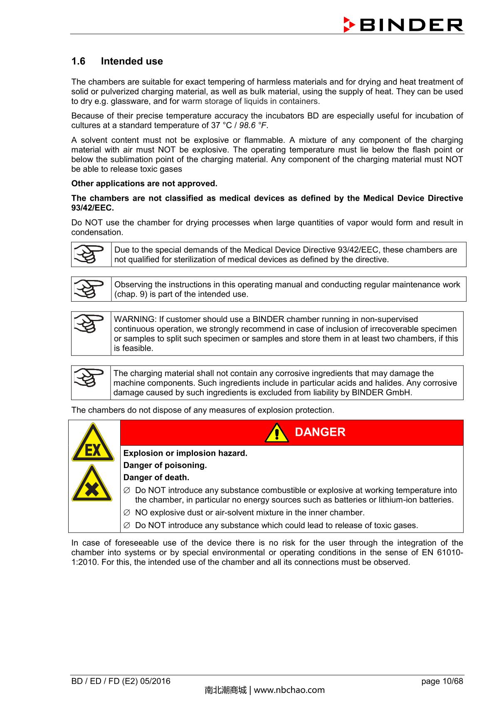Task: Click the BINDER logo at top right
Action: pyautogui.click(x=403, y=25)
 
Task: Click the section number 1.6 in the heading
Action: pyautogui.click(x=78, y=61)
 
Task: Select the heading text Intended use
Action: pyautogui.click(x=132, y=61)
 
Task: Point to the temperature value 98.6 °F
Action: pyautogui.click(x=253, y=125)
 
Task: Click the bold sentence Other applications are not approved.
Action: pyautogui.click(x=144, y=184)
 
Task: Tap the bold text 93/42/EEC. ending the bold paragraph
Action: pyautogui.click(x=92, y=208)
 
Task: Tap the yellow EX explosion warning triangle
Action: pyautogui.click(x=93, y=443)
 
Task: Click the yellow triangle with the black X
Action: pyautogui.click(x=92, y=484)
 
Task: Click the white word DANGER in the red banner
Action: pyautogui.click(x=320, y=432)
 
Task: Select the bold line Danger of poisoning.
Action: pyautogui.click(x=165, y=465)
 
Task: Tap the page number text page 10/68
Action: pyautogui.click(x=442, y=681)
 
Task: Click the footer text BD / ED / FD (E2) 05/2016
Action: pyautogui.click(x=121, y=681)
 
